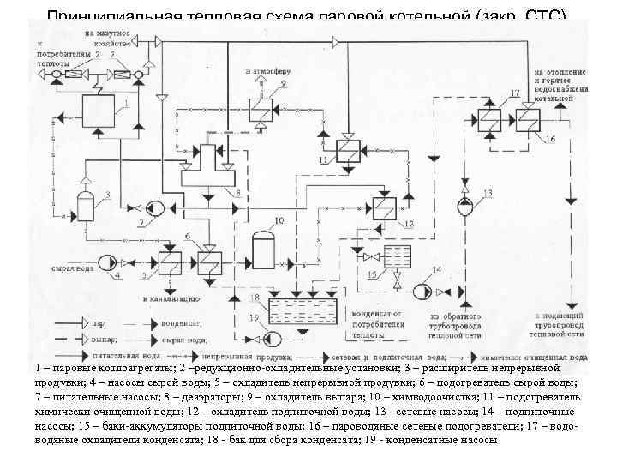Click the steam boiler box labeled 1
103,111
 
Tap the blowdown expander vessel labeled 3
86,207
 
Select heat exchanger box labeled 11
347,149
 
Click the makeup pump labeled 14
422,291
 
